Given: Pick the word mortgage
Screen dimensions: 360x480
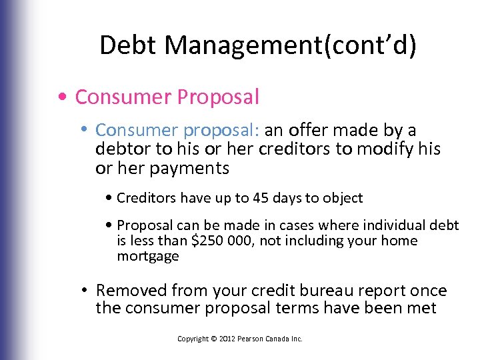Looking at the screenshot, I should tap(148, 257).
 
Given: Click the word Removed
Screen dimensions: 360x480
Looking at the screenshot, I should tap(131, 291).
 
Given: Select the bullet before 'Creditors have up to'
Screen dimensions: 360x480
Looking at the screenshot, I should tap(109, 198).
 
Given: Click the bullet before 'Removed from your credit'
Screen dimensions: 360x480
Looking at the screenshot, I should tap(86, 291).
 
